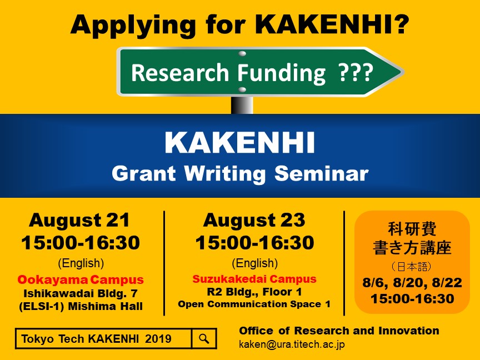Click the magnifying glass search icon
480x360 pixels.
(x=204, y=338)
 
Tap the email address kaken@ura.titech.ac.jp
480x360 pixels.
(x=292, y=344)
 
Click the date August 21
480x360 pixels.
(x=79, y=220)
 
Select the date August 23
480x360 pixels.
(x=254, y=220)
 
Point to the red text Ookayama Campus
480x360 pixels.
(x=81, y=279)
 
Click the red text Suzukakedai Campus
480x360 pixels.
(x=254, y=279)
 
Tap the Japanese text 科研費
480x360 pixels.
(x=412, y=229)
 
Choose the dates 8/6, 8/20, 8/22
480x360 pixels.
(x=412, y=283)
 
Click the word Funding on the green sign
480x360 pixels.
(x=281, y=73)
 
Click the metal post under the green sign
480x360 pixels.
(x=242, y=105)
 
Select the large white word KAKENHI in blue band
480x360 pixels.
(x=239, y=142)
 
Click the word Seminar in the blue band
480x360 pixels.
(x=321, y=173)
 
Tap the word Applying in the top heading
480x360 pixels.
(x=133, y=25)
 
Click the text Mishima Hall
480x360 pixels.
(x=105, y=306)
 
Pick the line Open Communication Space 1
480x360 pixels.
(x=254, y=304)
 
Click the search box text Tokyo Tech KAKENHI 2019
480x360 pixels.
(x=97, y=339)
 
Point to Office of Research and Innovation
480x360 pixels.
(x=339, y=331)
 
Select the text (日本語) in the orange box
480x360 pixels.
(x=412, y=267)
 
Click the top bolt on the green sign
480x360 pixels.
(x=242, y=53)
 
